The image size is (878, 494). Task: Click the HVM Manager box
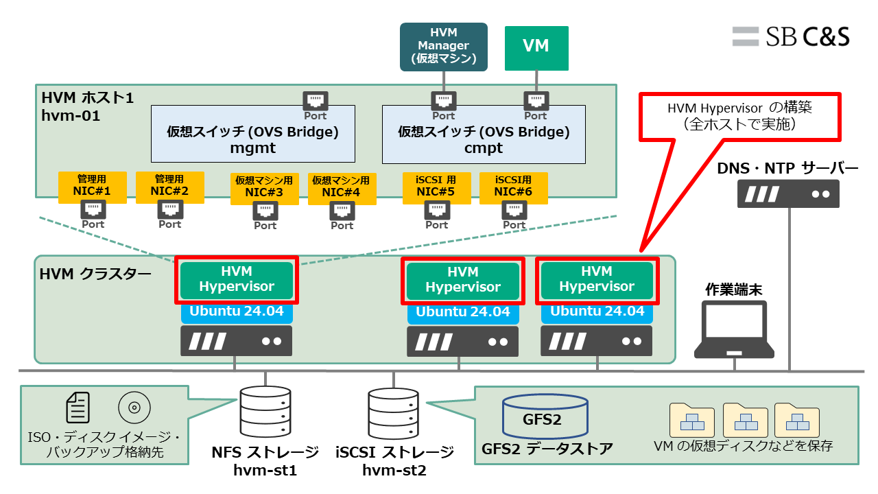443,47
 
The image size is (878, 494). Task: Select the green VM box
536,47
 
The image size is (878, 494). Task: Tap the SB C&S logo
791,36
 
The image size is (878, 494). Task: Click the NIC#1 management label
92,187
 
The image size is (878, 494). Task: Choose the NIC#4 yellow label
342,187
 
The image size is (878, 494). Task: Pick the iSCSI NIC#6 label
514,187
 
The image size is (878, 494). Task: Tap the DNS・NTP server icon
788,193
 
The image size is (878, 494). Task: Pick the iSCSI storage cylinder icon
393,414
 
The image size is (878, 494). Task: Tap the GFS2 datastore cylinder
545,417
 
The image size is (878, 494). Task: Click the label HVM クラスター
95,274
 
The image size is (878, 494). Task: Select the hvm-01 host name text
71,115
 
